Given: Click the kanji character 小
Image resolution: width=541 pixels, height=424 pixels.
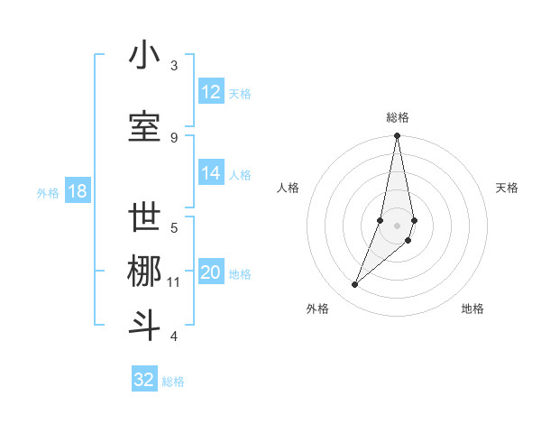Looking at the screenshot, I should pyautogui.click(x=145, y=56).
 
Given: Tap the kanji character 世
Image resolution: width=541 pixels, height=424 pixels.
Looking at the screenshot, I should pyautogui.click(x=145, y=218).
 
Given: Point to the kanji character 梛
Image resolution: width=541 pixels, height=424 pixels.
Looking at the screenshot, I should pyautogui.click(x=145, y=272).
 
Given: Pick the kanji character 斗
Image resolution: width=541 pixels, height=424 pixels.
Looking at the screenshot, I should pyautogui.click(x=145, y=326).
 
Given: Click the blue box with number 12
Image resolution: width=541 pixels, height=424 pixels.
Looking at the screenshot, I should pyautogui.click(x=211, y=92).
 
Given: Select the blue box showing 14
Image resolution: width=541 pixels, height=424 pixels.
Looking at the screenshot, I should pyautogui.click(x=211, y=173).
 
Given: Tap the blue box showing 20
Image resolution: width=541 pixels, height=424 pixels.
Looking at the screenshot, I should pyautogui.click(x=211, y=272).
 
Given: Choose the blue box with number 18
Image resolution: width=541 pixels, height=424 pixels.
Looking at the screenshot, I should pyautogui.click(x=77, y=191).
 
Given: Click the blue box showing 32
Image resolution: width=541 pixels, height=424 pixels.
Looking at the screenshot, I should pyautogui.click(x=144, y=380).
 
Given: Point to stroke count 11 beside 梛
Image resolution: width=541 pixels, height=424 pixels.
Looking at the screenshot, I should pyautogui.click(x=173, y=282).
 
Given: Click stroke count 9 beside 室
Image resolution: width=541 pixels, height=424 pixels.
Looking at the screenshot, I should pyautogui.click(x=174, y=137).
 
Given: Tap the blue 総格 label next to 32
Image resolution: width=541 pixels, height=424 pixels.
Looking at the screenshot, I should pyautogui.click(x=173, y=382).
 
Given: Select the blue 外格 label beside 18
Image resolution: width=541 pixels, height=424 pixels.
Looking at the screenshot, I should pyautogui.click(x=47, y=192).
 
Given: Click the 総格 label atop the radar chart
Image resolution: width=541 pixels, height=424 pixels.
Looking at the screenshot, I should pyautogui.click(x=398, y=117).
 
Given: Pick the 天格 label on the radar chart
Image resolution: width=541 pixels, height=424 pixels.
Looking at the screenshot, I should pyautogui.click(x=508, y=188).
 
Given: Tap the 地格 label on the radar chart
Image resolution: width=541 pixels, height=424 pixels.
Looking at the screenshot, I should pyautogui.click(x=472, y=309).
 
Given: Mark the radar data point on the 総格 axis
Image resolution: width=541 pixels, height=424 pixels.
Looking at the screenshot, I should pyautogui.click(x=397, y=136).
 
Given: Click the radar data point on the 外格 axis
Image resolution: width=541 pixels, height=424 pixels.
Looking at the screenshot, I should pyautogui.click(x=354, y=285).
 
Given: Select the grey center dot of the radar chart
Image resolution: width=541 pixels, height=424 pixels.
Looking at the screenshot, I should pyautogui.click(x=397, y=225).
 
